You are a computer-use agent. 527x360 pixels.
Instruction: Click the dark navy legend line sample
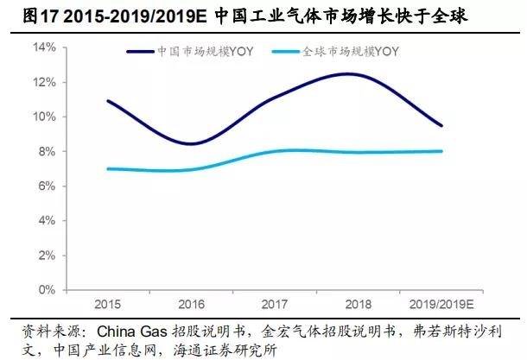[x=140, y=51]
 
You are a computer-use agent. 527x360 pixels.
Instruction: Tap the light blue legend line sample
[x=284, y=51]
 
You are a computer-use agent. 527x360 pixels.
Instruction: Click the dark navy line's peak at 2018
[x=348, y=74]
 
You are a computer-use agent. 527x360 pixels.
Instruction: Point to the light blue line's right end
[x=442, y=151]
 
